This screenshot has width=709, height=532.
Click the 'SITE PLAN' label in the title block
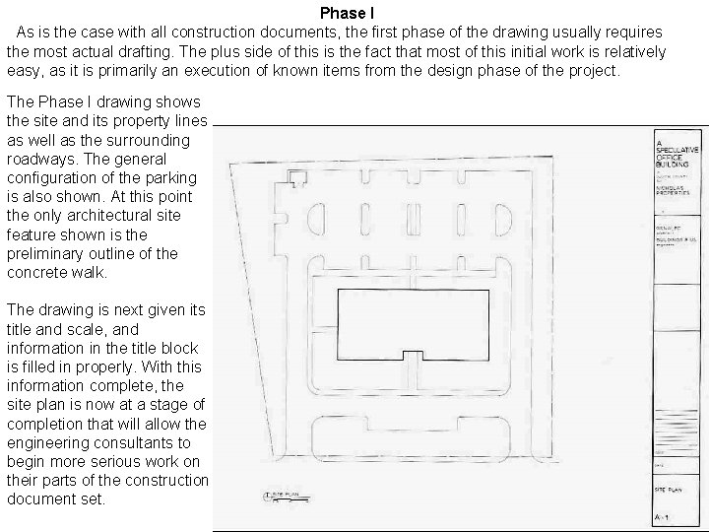(x=669, y=490)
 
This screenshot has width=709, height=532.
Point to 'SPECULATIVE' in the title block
(x=675, y=152)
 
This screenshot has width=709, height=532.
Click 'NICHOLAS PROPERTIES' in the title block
(x=676, y=190)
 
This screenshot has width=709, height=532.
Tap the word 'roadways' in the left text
(x=40, y=159)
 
